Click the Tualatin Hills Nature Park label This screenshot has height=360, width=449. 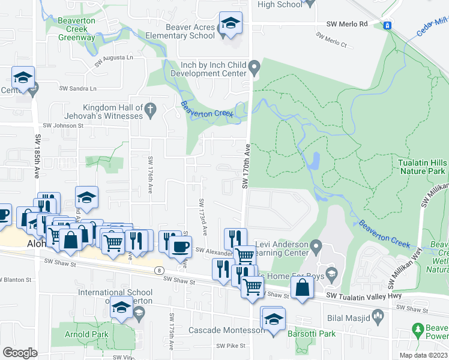point(422,167)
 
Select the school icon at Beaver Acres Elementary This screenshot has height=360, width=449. point(231,24)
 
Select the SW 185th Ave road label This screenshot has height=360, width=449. point(37,155)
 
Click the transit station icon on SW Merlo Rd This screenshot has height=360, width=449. point(388,25)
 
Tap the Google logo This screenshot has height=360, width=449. point(20,353)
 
